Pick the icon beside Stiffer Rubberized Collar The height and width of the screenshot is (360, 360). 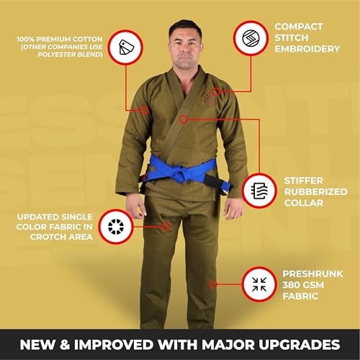point(261,190)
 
